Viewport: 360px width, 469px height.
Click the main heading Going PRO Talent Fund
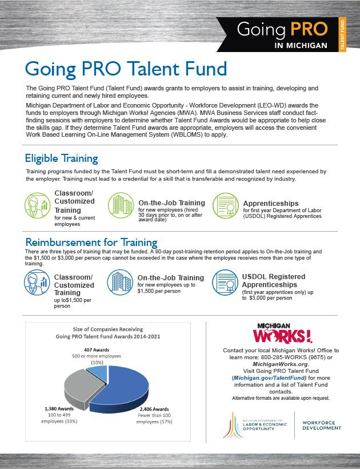tap(126, 69)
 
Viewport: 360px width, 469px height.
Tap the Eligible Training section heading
tap(62, 158)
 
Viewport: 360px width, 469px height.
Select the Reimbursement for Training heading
tap(91, 243)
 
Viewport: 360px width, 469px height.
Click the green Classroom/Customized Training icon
tap(37, 204)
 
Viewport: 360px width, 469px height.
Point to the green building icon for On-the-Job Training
tap(121, 204)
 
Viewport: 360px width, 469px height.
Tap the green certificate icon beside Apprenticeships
tap(225, 204)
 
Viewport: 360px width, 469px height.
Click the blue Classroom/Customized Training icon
tap(37, 281)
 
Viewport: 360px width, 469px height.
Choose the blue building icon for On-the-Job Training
tap(121, 281)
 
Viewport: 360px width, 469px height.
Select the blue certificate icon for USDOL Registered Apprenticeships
tap(225, 281)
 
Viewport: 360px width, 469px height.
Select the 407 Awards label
tap(96, 349)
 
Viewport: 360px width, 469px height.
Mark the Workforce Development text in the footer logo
tap(322, 425)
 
